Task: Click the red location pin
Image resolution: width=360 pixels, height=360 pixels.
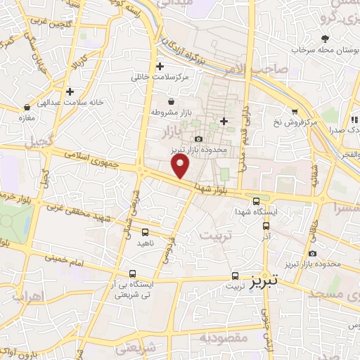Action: click(x=181, y=167)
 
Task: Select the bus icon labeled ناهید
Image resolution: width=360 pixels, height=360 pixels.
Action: click(x=145, y=231)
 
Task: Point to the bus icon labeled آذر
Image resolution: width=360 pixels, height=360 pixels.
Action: click(x=266, y=226)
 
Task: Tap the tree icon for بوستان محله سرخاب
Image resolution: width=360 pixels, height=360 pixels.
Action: click(x=324, y=39)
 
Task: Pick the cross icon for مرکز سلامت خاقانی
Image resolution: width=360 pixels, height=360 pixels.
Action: click(x=160, y=66)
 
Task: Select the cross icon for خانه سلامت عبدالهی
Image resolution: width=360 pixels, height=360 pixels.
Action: click(x=70, y=91)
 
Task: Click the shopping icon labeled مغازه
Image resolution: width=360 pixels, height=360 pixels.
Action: click(x=27, y=108)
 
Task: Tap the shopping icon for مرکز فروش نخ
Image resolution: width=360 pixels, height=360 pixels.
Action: click(x=295, y=111)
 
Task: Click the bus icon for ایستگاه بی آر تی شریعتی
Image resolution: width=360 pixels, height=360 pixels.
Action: click(x=132, y=274)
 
